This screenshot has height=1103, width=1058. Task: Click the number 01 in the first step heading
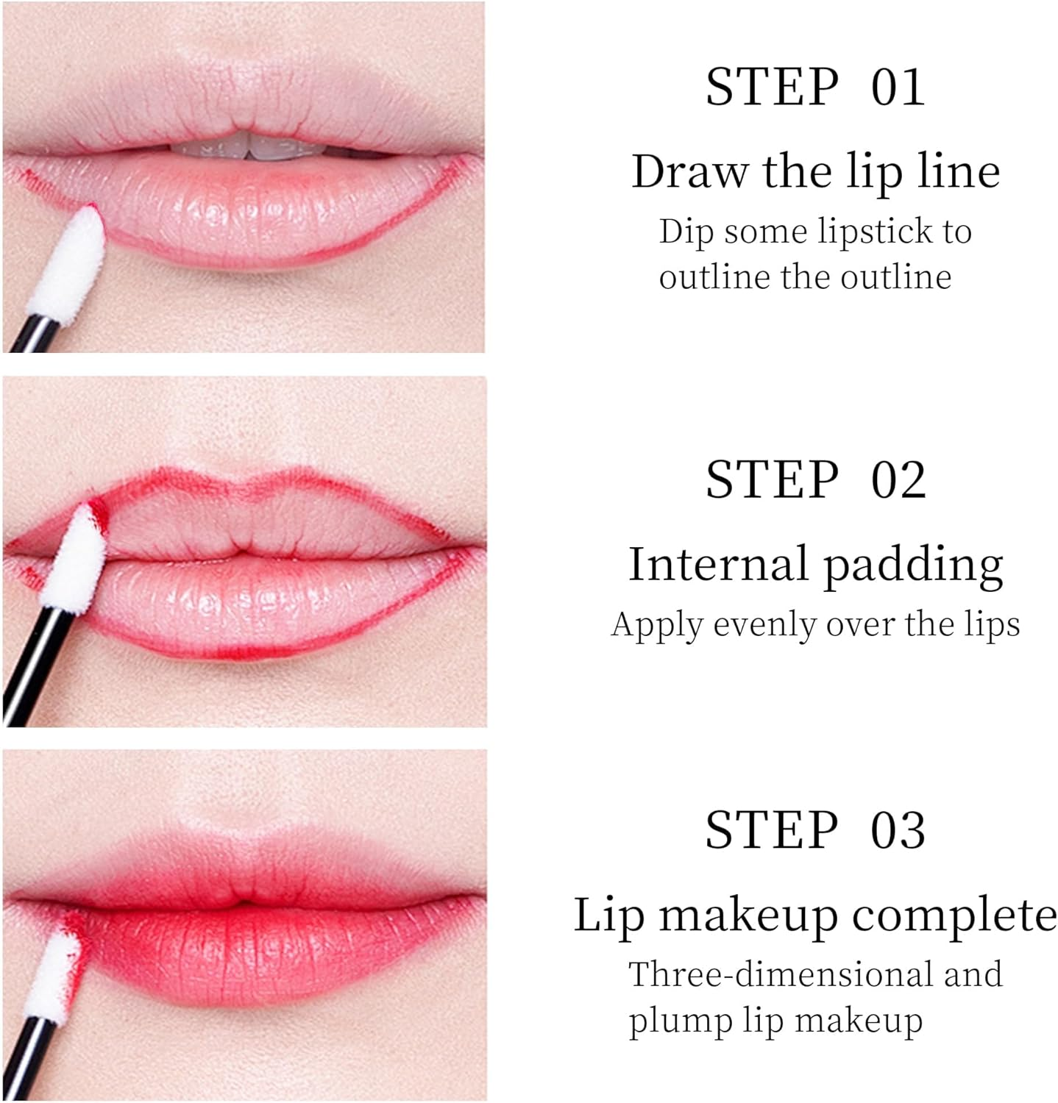[x=898, y=88]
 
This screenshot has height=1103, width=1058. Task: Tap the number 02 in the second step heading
[x=898, y=480]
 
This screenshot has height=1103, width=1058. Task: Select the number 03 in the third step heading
[x=898, y=830]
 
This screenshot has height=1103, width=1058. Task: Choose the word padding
[x=913, y=566]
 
